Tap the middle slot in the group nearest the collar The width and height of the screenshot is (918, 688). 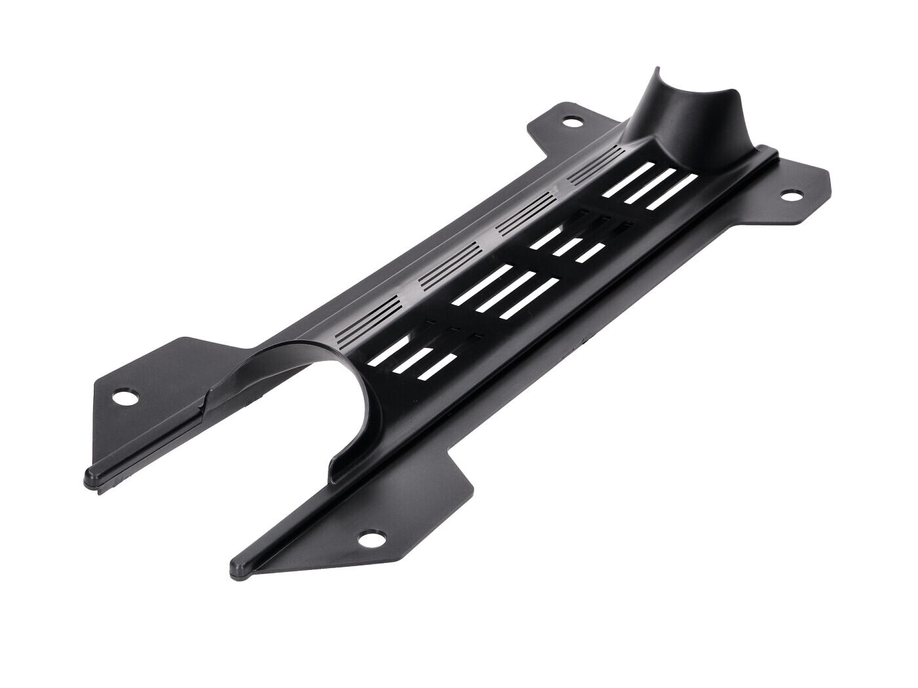pos(646,185)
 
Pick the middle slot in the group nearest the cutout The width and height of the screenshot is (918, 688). pos(408,359)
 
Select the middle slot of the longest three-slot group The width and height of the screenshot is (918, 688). pos(505,290)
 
